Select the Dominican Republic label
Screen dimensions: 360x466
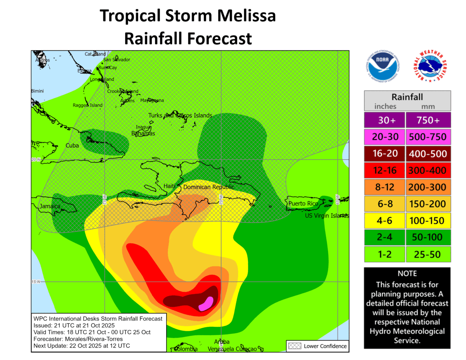[x=209, y=187]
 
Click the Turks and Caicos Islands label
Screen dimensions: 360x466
[x=180, y=115]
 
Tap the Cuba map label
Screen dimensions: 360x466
[x=72, y=146]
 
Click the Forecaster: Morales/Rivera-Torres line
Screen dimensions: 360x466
[x=78, y=339]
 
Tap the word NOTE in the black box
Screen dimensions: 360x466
[x=407, y=274]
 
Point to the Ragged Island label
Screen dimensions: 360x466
[x=88, y=105]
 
